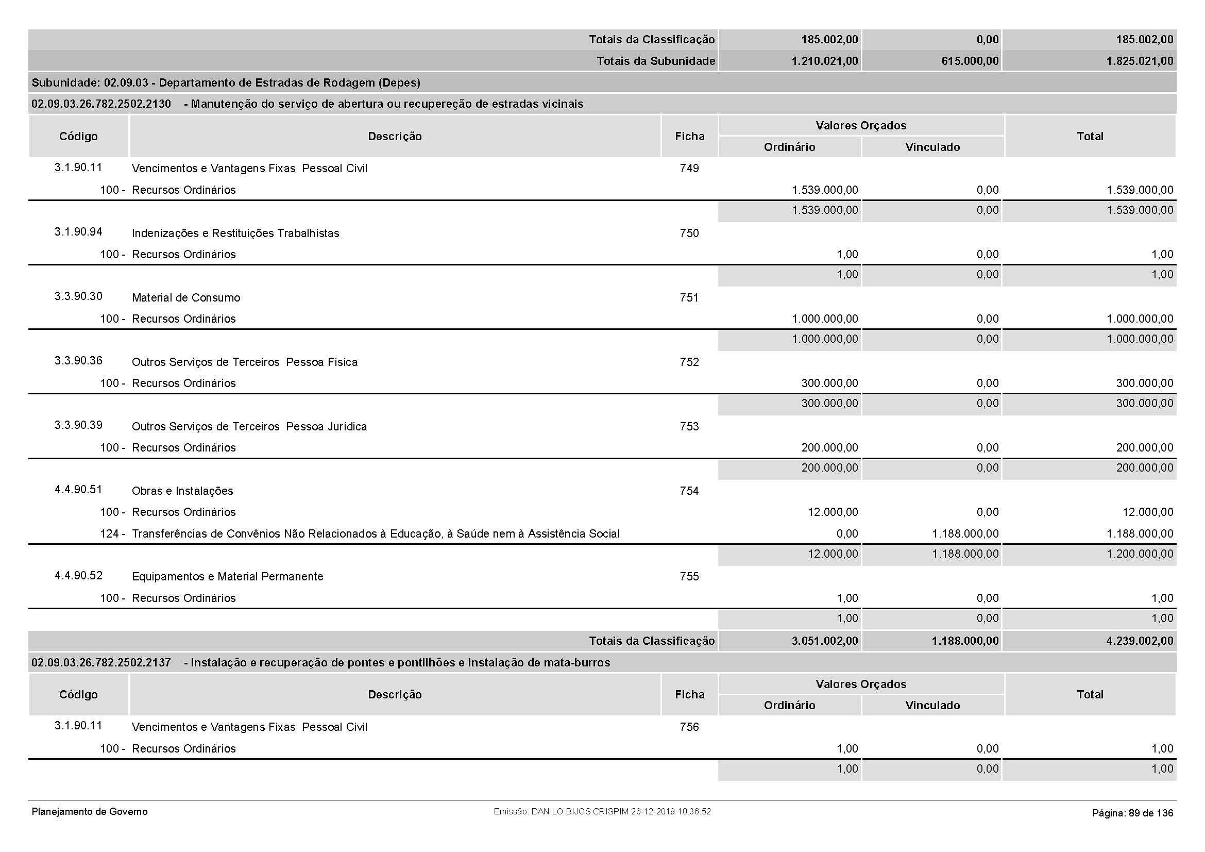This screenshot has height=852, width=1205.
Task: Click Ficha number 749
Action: pos(689,169)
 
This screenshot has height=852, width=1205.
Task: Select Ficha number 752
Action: pos(689,362)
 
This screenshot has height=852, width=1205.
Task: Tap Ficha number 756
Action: pos(689,727)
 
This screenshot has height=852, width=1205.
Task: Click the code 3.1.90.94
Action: pos(78,232)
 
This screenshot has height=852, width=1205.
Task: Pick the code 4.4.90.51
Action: pos(78,490)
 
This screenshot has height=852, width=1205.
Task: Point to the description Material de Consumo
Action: pos(186,298)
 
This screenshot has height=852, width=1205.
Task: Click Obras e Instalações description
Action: pos(182,491)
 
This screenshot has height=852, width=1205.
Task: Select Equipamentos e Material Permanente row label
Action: pos(227,577)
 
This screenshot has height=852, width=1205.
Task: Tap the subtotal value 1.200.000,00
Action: pos(1140,555)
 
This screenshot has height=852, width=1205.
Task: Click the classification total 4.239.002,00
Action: pos(1140,641)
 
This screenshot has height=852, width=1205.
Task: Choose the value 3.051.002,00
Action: pos(824,641)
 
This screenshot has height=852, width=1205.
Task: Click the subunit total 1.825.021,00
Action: pos(1140,61)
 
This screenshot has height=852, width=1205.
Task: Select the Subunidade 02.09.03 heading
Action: pos(226,83)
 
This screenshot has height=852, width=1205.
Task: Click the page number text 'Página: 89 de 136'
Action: pos(1132,813)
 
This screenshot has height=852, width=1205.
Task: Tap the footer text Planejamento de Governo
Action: pos(90,812)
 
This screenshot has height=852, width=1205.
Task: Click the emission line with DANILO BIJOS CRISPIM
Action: pos(602,812)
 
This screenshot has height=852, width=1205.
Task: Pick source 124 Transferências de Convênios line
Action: pos(375,534)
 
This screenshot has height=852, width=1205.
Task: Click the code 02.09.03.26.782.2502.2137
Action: pos(101,663)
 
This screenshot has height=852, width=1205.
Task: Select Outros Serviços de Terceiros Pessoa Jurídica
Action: pos(249,427)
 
